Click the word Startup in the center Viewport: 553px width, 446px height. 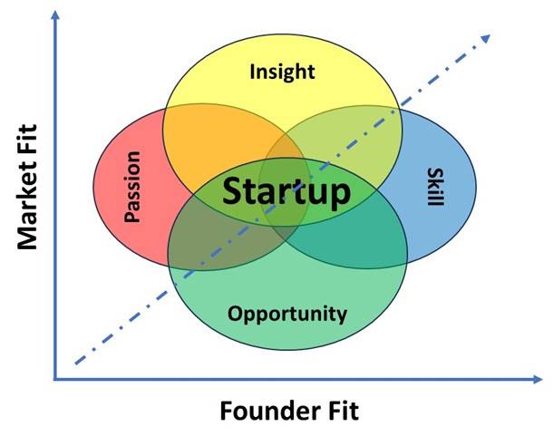click(286, 192)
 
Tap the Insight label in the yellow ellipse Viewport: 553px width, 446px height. click(282, 72)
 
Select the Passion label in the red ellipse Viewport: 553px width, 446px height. click(133, 193)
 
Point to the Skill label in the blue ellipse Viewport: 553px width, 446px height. click(433, 187)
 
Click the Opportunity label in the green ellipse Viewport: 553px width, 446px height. click(286, 315)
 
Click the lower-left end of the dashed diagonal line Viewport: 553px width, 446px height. click(74, 365)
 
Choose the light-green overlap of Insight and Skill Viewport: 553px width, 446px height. click(363, 136)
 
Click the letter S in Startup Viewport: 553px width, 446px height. click(233, 192)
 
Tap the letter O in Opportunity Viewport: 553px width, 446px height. click(235, 315)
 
